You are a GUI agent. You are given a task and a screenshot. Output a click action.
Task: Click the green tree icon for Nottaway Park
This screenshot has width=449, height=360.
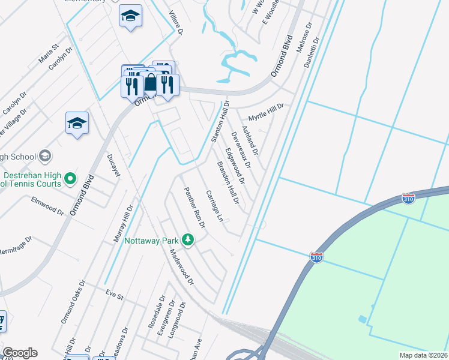pos(188,240)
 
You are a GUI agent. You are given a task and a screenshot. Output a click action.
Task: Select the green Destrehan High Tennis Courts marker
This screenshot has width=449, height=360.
pos(70,178)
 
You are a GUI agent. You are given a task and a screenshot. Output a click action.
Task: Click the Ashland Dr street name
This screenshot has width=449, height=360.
pos(250,140)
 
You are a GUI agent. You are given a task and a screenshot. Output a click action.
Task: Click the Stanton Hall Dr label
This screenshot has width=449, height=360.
pos(220,122)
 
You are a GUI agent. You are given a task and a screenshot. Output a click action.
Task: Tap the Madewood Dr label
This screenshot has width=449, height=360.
pos(182,266)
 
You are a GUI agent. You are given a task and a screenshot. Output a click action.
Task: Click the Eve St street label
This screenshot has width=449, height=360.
pos(114,295)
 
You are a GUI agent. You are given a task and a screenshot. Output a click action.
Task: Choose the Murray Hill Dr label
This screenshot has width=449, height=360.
pos(123,223)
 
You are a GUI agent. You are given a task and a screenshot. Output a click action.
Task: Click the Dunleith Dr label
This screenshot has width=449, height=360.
pos(312,50)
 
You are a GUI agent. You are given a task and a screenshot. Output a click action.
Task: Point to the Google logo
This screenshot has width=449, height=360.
pos(20,353)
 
